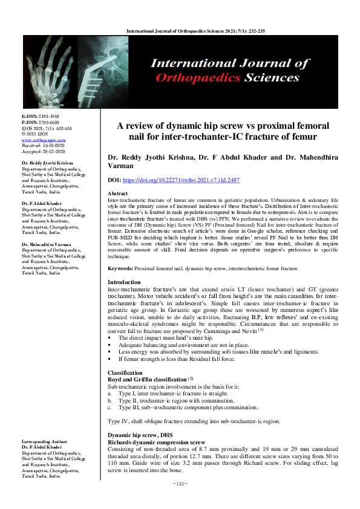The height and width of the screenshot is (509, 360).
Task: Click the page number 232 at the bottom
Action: point(180,501)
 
